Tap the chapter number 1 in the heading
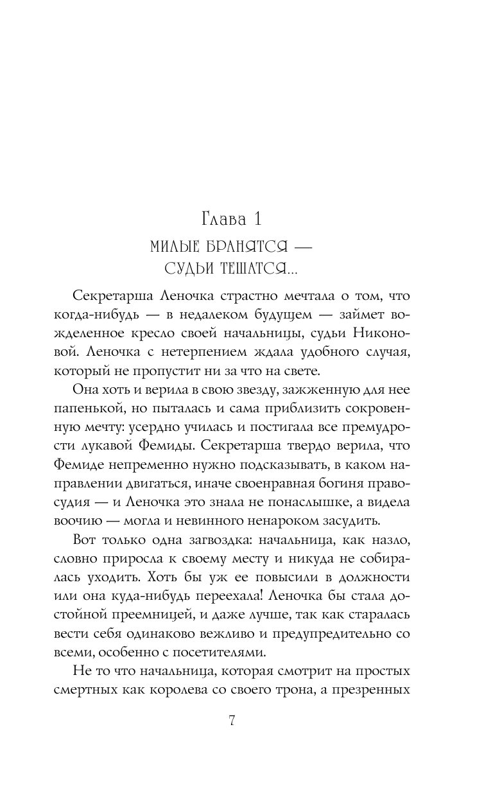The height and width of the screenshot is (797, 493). (257, 219)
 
